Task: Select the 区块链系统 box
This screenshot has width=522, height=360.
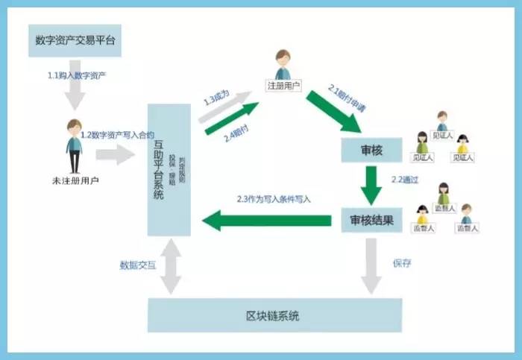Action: tap(274, 315)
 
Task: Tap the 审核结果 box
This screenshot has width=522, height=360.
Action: tap(371, 221)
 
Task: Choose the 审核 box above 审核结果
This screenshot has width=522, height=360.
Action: tap(371, 150)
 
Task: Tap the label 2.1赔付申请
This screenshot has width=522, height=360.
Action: tap(348, 92)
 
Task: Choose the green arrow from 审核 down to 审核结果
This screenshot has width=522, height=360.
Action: tap(371, 184)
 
